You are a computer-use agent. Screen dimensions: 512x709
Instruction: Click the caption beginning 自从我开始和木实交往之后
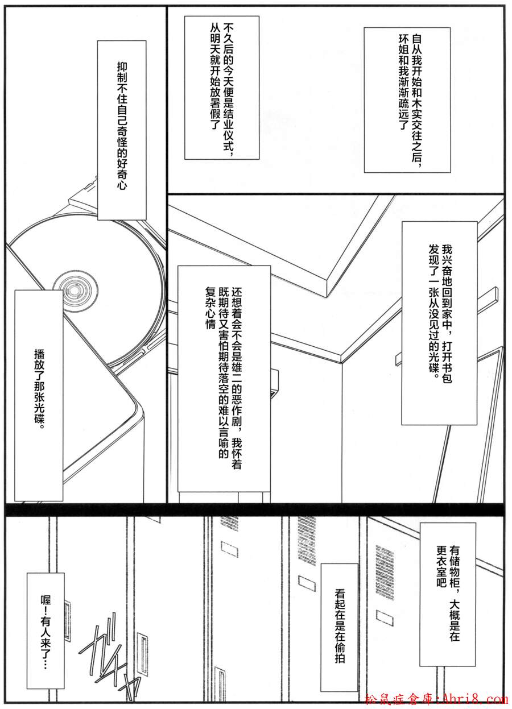407,100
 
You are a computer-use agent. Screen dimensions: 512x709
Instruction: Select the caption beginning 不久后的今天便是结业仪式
222,88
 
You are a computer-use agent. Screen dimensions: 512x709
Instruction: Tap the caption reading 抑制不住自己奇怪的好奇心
122,130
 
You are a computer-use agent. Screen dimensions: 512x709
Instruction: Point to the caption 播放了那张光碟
39,395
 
